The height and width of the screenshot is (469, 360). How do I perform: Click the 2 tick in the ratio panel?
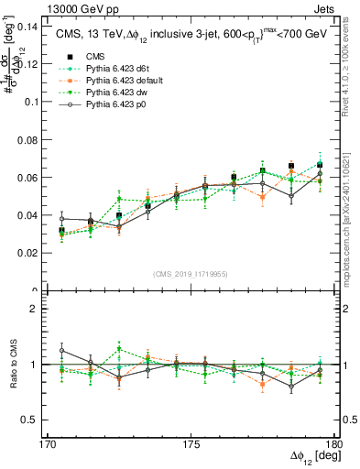click(34, 309)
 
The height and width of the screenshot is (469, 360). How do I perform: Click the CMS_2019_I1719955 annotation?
click(190, 273)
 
